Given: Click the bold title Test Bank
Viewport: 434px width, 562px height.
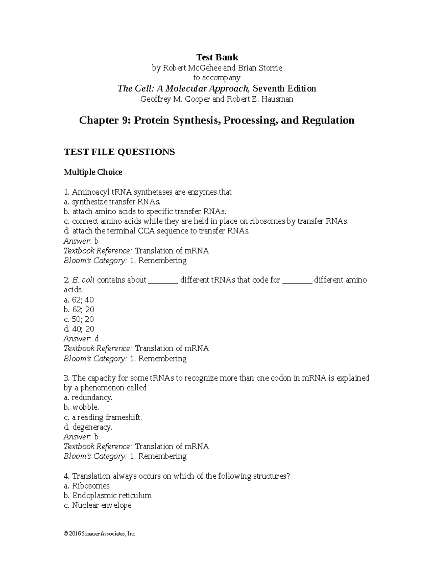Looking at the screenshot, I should tap(217, 57).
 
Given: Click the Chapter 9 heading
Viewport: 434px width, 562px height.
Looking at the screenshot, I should tap(217, 120).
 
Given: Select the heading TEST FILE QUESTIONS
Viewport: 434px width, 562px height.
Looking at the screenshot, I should tap(119, 152).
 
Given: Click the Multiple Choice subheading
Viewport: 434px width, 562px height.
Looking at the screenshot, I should tap(93, 172).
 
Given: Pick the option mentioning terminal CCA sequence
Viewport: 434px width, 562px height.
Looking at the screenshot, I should tap(157, 231).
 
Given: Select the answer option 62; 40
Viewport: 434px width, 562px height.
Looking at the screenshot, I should tap(79, 300).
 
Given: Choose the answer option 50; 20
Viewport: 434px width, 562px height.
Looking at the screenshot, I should tap(79, 319).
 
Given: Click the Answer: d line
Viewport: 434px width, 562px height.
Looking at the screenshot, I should tap(81, 339).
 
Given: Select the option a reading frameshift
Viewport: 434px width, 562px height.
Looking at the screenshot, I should tap(103, 417).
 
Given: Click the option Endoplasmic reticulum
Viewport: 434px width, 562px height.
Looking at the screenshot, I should tap(107, 495).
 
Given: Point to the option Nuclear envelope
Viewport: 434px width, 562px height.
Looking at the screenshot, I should tap(97, 505).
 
